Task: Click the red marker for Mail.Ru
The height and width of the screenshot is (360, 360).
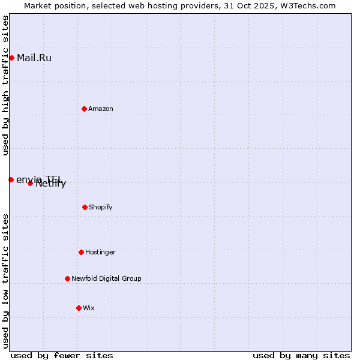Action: pyautogui.click(x=11, y=58)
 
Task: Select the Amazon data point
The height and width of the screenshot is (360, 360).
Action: pyautogui.click(x=84, y=109)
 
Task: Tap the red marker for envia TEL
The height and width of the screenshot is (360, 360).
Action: pyautogui.click(x=11, y=179)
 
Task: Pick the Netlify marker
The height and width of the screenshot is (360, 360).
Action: pyautogui.click(x=30, y=183)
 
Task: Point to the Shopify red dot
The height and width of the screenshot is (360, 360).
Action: pyautogui.click(x=85, y=207)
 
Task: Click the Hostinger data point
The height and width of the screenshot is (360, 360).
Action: pyautogui.click(x=81, y=252)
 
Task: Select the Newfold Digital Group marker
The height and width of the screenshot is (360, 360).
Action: pyautogui.click(x=67, y=278)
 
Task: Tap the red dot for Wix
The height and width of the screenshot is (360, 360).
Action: pyautogui.click(x=79, y=308)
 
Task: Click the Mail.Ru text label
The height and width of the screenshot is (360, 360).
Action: pyautogui.click(x=34, y=58)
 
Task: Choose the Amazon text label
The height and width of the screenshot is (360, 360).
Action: pyautogui.click(x=101, y=109)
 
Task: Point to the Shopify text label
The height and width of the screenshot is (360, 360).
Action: pyautogui.click(x=101, y=207)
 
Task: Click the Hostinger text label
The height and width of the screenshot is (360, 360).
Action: pyautogui.click(x=100, y=252)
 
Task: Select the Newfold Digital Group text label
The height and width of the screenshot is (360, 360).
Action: pyautogui.click(x=106, y=278)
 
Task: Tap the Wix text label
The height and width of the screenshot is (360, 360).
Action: pyautogui.click(x=89, y=308)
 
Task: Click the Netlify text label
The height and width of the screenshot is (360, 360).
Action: pyautogui.click(x=51, y=184)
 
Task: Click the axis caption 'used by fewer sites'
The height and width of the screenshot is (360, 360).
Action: pyautogui.click(x=62, y=355)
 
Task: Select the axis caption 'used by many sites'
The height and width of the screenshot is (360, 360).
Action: pyautogui.click(x=301, y=355)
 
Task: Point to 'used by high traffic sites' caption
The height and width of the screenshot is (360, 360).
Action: pyautogui.click(x=5, y=85)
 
